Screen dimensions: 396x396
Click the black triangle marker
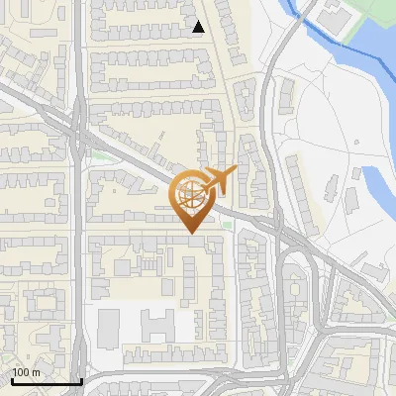(198, 27)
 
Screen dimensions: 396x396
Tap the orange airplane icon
(217, 180)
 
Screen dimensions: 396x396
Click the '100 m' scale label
(26, 372)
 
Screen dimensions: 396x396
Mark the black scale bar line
(46, 381)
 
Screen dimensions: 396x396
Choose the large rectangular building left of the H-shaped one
(108, 324)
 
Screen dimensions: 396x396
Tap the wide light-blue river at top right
(371, 59)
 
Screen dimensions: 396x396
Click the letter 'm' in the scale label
(35, 372)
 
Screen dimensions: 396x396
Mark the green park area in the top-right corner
(371, 15)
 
